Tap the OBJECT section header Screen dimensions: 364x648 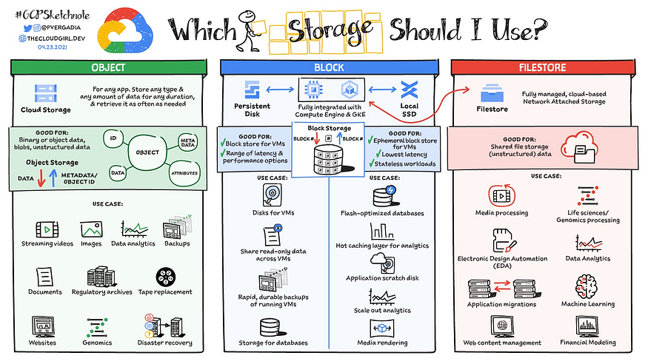pyautogui.click(x=107, y=67)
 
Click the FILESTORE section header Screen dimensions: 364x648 pyautogui.click(x=548, y=67)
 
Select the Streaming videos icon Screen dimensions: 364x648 pyautogui.click(x=46, y=229)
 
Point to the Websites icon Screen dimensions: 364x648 pyautogui.click(x=44, y=326)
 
